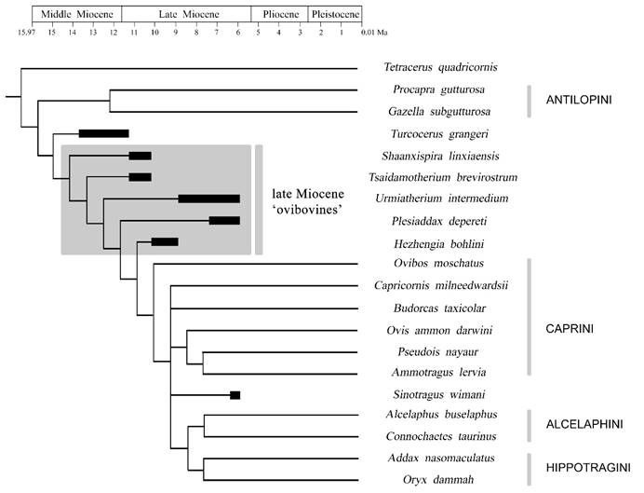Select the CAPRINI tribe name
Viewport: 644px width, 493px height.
(569, 329)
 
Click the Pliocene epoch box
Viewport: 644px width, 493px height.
(279, 15)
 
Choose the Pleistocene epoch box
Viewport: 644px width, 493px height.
(331, 15)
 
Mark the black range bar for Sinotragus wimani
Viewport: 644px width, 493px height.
(235, 395)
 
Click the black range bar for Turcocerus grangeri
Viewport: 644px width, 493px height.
(103, 133)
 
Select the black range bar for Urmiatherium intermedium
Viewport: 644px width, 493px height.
(208, 199)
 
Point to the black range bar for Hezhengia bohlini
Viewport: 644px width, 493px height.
(165, 242)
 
